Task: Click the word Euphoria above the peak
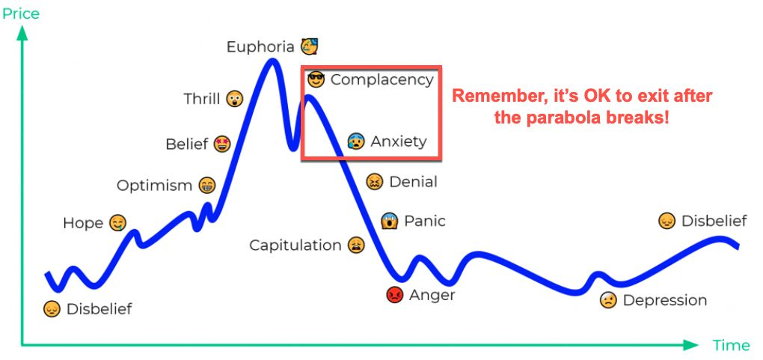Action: point(260,47)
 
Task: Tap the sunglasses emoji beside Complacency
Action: point(316,79)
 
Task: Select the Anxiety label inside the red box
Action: point(399,141)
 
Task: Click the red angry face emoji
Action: point(395,295)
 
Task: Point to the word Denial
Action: point(413,182)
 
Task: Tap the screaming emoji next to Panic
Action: point(389,221)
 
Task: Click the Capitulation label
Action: point(295,245)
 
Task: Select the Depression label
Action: point(665,300)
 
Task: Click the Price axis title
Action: point(21,13)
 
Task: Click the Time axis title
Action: point(732,345)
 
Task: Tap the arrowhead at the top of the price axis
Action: point(22,32)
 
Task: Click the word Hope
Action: point(83,224)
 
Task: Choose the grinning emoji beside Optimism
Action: point(207,186)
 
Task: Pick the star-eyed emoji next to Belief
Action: point(222,144)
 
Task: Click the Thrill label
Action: point(202,99)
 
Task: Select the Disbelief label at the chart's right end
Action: point(714,221)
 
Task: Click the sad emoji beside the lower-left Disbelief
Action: point(52,309)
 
